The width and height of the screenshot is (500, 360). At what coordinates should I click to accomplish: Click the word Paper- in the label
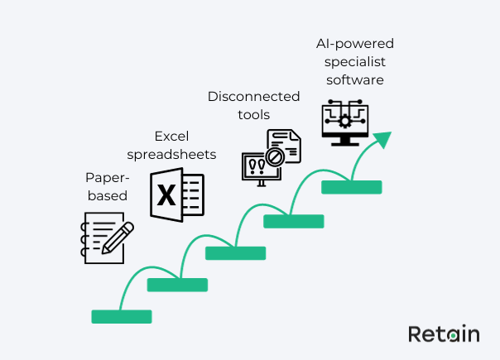pyautogui.click(x=104, y=178)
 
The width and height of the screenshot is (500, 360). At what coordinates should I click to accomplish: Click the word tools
pyautogui.click(x=252, y=116)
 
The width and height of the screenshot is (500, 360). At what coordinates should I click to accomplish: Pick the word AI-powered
pyautogui.click(x=353, y=43)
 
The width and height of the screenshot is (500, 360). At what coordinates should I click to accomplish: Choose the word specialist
pyautogui.click(x=353, y=62)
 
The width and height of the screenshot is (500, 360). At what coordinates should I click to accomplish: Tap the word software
pyautogui.click(x=353, y=80)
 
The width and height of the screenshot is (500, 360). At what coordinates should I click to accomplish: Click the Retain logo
pyautogui.click(x=443, y=334)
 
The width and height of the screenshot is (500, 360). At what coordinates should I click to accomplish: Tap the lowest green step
pyautogui.click(x=122, y=316)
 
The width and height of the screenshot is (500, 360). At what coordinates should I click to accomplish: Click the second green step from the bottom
pyautogui.click(x=177, y=285)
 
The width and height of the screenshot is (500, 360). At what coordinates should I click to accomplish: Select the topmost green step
pyautogui.click(x=351, y=187)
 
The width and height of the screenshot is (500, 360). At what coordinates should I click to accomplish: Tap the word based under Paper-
pyautogui.click(x=107, y=196)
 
